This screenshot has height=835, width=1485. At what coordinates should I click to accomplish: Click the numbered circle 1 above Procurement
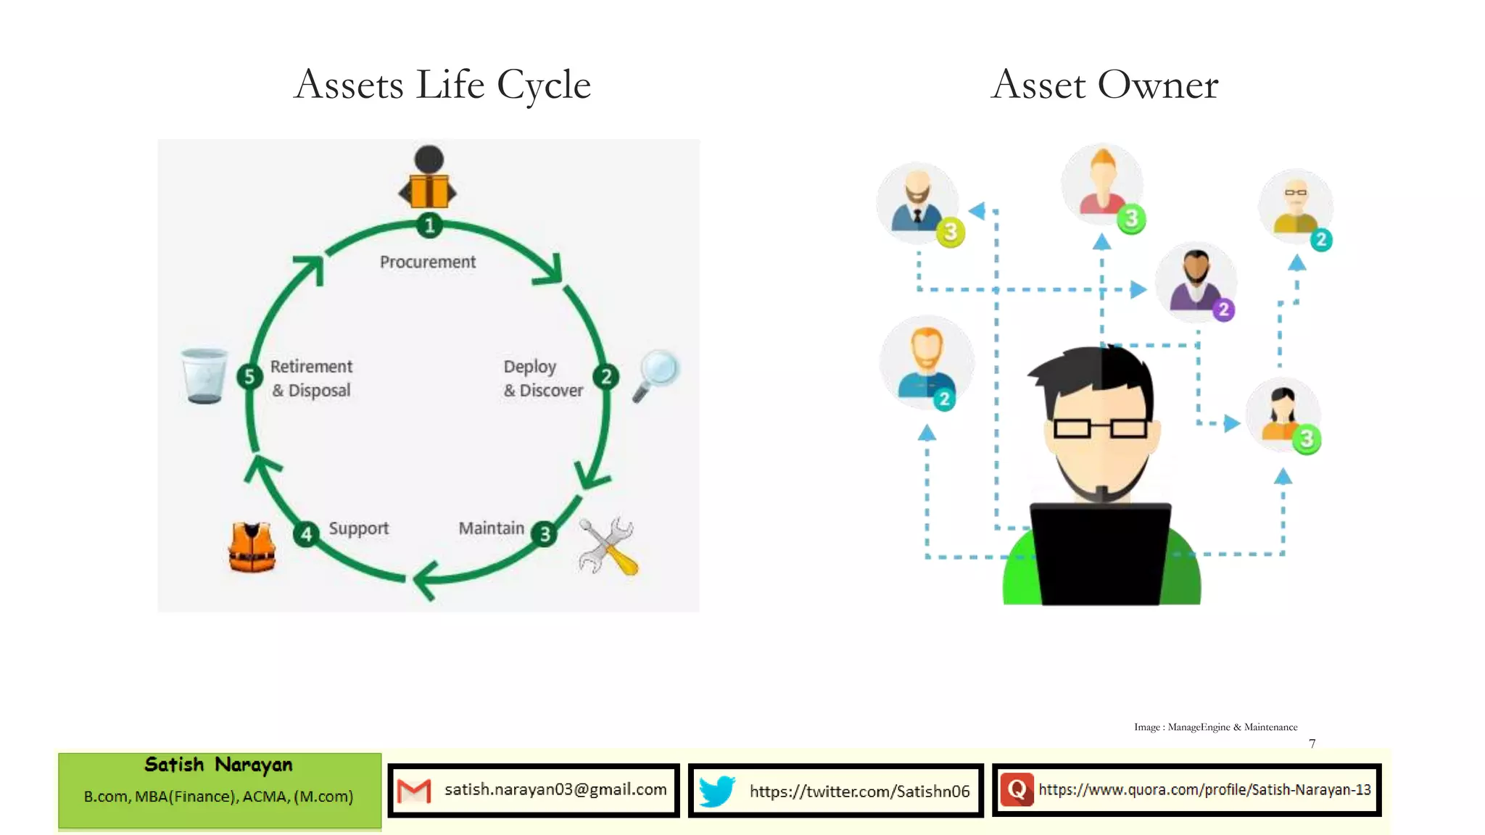(429, 225)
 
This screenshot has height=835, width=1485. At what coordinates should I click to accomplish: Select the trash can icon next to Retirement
(204, 375)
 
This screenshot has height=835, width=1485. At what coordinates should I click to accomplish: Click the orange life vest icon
(252, 547)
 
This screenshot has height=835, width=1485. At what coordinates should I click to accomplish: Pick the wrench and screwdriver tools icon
(608, 547)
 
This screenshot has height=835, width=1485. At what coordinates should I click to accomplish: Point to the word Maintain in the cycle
(491, 528)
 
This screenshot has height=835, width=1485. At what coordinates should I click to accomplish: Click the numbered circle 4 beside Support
(307, 534)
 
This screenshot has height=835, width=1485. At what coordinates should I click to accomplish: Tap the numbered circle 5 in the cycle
(249, 376)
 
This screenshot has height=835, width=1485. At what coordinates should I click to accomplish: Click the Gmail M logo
(414, 791)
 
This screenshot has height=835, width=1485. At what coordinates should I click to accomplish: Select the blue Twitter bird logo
(716, 791)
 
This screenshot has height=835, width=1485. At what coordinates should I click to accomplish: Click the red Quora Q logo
(1017, 790)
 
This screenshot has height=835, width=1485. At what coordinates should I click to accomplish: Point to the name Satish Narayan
(218, 765)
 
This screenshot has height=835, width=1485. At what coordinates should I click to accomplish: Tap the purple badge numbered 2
(1223, 310)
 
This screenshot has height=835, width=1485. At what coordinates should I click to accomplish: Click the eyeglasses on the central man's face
(1100, 428)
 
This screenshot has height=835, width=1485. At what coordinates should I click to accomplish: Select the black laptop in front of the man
(1101, 554)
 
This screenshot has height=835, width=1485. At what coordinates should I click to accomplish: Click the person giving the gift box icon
(429, 178)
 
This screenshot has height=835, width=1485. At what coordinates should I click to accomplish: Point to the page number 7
(1312, 744)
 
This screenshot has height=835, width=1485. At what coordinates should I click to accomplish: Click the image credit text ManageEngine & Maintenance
(1232, 727)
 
